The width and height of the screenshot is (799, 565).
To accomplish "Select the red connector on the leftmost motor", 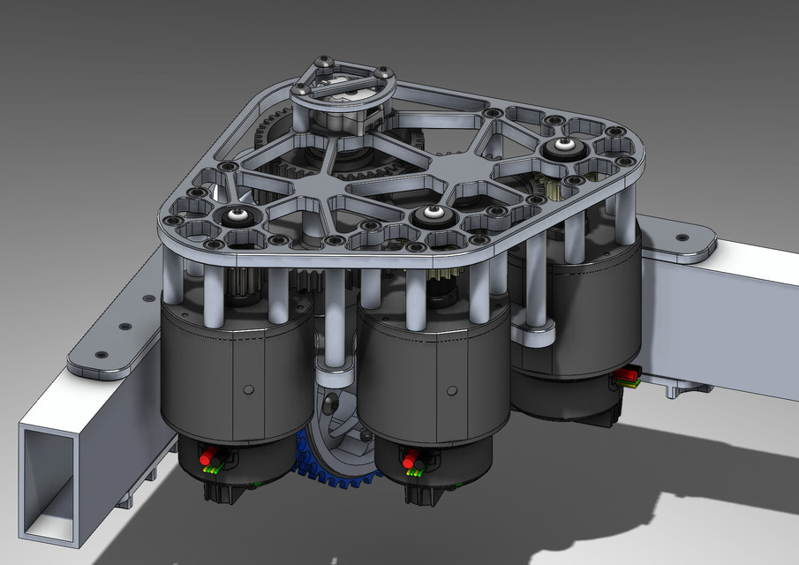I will [209, 460].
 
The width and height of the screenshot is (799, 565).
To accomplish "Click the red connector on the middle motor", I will [410, 459].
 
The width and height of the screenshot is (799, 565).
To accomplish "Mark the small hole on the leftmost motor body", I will [250, 388].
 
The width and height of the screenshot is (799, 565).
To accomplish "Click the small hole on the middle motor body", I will [452, 389].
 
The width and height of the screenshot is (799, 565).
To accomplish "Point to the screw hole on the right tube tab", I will [681, 237].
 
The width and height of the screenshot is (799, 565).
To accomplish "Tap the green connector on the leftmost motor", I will [211, 471].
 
